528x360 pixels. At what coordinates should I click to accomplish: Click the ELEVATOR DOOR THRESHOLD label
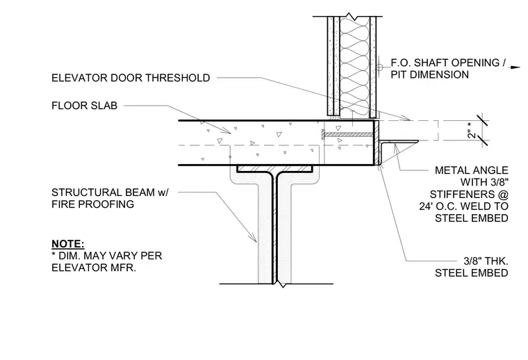pos(131,78)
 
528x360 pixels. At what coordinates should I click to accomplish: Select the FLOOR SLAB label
pos(84,106)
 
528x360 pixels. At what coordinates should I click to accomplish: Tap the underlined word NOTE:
pos(67,244)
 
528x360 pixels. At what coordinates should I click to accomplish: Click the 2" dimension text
pos(472,131)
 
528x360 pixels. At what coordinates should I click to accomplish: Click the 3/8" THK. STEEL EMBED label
pos(472,267)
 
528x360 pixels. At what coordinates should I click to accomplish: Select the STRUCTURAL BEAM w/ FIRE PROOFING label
pos(110,198)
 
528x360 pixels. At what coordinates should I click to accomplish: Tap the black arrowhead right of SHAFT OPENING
pos(516,67)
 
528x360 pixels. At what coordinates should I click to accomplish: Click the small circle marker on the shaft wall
pos(379,67)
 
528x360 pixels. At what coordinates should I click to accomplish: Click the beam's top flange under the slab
pos(274,169)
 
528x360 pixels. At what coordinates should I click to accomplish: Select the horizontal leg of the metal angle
pos(399,142)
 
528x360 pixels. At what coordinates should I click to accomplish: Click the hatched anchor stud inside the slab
pos(348,135)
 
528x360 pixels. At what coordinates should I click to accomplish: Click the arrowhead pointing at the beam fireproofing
pos(252,238)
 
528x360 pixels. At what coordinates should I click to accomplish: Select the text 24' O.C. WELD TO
pos(463,206)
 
